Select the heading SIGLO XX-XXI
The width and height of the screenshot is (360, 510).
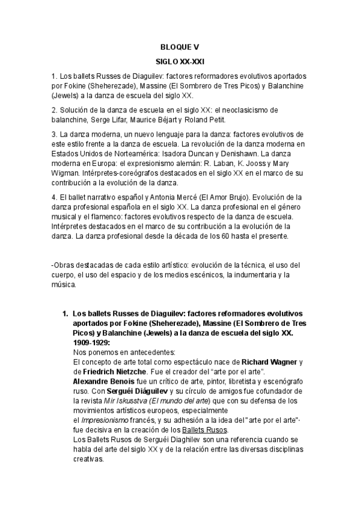click(x=180, y=62)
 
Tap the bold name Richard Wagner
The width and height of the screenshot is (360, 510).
click(x=269, y=362)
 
